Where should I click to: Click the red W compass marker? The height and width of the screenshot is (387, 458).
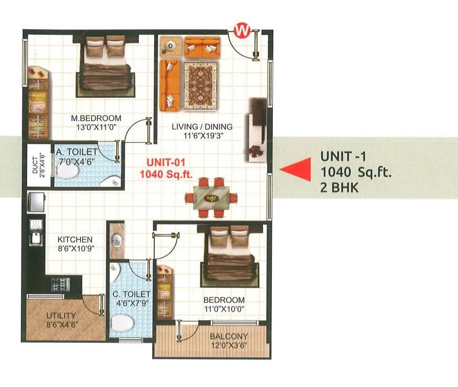pos(241,30)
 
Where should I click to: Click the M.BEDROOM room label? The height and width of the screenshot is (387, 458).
pos(96,118)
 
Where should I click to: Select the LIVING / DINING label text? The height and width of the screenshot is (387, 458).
pos(202,127)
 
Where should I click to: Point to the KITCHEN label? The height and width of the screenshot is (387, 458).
pos(75,239)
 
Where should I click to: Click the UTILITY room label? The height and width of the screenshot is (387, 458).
pos(61,316)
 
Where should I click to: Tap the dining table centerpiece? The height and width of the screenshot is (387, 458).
pos(212,198)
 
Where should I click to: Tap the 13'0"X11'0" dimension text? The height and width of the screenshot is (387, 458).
pos(96,127)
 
